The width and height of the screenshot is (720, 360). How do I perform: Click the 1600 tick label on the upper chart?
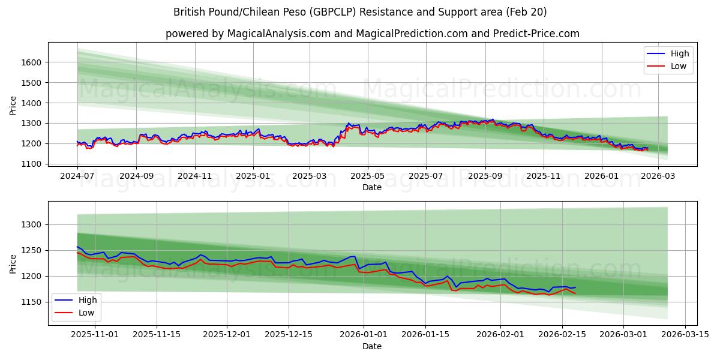31,62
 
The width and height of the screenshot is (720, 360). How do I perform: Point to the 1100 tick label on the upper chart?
31,164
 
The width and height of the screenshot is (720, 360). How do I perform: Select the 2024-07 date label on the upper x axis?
77,176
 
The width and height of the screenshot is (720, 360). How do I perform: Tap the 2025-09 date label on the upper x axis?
485,176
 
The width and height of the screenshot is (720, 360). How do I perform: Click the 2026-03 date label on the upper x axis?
658,176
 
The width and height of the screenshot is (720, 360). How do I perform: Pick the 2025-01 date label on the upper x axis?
253,176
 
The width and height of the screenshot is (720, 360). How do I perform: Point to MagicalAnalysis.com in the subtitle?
278,34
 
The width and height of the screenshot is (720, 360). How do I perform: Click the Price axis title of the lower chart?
13,263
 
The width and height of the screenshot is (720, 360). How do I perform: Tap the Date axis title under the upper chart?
372,187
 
